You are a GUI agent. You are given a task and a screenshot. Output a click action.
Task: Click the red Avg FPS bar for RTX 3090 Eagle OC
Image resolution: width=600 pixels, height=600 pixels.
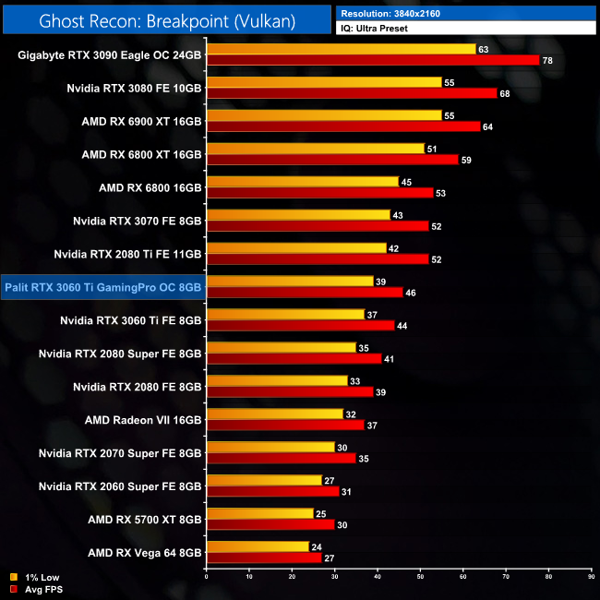pyautogui.click(x=373, y=60)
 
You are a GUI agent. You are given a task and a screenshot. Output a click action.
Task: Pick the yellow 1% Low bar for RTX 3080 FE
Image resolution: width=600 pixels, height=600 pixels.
pyautogui.click(x=324, y=82)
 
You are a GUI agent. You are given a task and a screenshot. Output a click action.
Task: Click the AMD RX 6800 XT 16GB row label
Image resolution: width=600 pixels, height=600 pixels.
pyautogui.click(x=141, y=154)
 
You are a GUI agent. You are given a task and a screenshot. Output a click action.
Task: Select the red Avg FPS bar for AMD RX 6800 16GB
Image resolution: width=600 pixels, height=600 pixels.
pyautogui.click(x=319, y=193)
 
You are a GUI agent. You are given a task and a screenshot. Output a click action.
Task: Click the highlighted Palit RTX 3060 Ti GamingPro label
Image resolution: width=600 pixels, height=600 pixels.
pyautogui.click(x=102, y=287)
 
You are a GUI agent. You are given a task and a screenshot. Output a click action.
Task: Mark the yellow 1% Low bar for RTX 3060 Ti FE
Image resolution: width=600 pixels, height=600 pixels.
pyautogui.click(x=286, y=315)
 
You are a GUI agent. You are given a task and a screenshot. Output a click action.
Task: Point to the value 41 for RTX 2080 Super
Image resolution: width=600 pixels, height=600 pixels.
pyautogui.click(x=391, y=359)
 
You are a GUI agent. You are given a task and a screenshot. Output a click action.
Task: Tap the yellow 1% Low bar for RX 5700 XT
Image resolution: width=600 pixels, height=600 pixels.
pyautogui.click(x=260, y=514)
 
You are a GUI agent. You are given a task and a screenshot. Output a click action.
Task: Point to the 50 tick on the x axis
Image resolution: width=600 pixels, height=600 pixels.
pyautogui.click(x=420, y=578)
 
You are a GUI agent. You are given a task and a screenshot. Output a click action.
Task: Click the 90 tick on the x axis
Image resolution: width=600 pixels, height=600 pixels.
pyautogui.click(x=591, y=578)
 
